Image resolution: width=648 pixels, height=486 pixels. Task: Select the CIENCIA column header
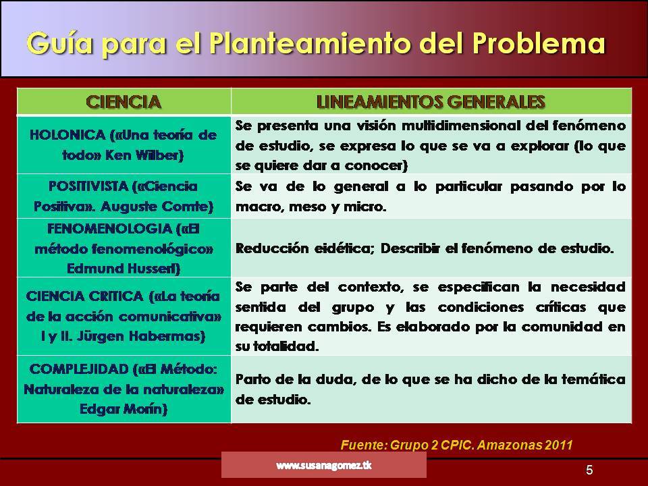(x=124, y=102)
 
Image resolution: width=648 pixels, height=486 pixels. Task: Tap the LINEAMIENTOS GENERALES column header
(x=431, y=102)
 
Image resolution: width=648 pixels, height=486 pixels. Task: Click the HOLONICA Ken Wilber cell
(x=124, y=144)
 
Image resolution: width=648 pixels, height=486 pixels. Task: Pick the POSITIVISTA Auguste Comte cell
(x=124, y=195)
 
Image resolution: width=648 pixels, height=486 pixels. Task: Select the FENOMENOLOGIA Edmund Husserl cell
(x=124, y=248)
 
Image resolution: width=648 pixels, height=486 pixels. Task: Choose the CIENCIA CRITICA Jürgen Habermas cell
(x=124, y=315)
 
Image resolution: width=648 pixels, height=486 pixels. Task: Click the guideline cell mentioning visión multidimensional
(x=431, y=144)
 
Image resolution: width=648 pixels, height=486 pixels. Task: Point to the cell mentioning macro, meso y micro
(x=431, y=196)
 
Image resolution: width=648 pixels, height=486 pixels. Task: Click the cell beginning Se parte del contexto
(x=431, y=315)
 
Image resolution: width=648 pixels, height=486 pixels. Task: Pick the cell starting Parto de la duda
(x=431, y=389)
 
